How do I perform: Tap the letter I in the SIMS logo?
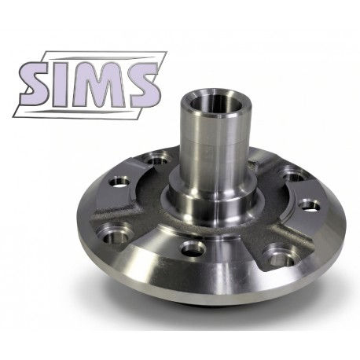(63, 85)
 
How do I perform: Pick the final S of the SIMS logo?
(143, 84)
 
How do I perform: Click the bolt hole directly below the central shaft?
(193, 249)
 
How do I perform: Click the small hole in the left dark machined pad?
(119, 182)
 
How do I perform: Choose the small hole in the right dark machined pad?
(310, 205)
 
